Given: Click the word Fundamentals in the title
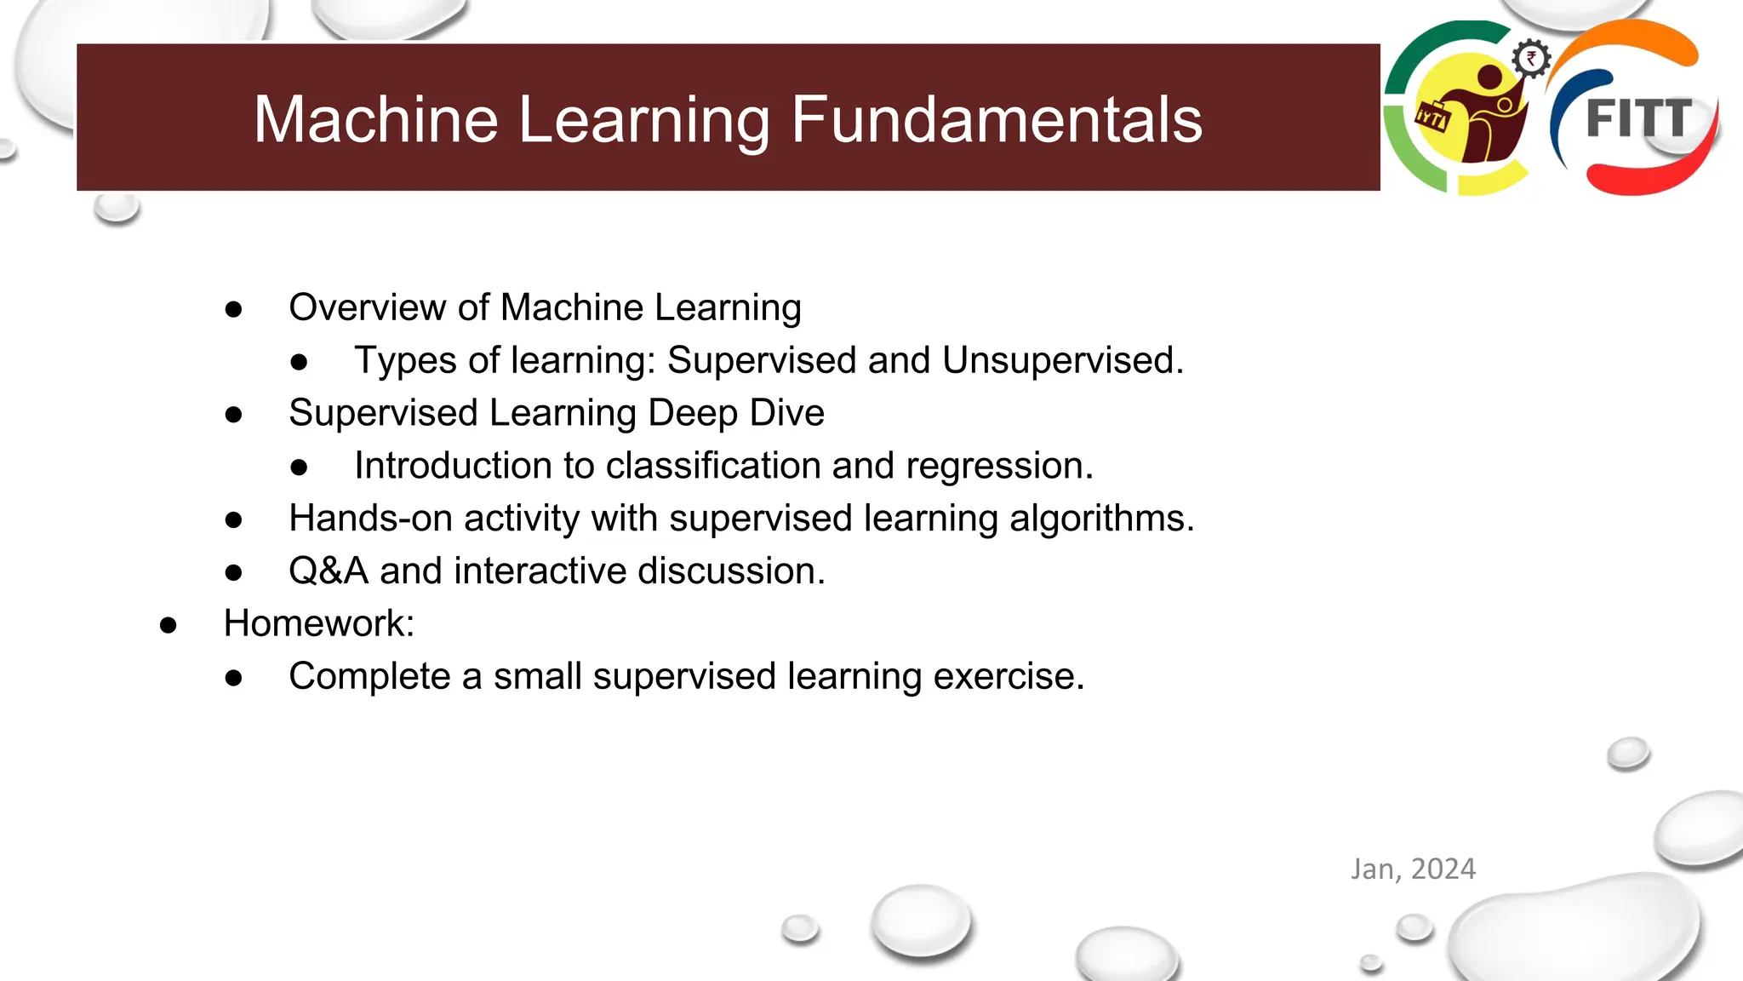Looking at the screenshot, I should click(997, 119).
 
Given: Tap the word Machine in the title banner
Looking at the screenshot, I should click(375, 119).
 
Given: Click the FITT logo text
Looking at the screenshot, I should click(1638, 118).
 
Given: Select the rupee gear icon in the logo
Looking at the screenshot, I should click(1531, 59).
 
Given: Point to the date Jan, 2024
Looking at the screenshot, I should click(1413, 869).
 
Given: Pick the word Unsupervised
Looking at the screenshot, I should click(1062, 360).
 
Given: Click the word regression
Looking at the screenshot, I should click(999, 466).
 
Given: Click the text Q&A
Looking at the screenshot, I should click(329, 571).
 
